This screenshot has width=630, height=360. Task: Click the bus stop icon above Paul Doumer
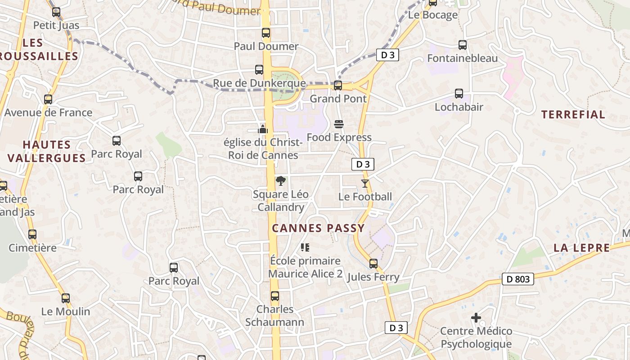click(265, 33)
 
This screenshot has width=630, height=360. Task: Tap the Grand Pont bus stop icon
click(338, 85)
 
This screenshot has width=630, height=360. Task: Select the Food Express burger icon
click(339, 124)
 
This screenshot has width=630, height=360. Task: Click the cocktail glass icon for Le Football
click(364, 184)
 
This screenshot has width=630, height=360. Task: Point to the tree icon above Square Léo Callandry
click(280, 181)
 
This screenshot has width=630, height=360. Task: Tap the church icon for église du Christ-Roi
click(263, 129)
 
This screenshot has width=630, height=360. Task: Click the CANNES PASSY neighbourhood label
click(318, 228)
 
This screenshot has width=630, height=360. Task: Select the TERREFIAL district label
click(573, 114)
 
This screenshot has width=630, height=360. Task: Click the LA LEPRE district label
click(581, 247)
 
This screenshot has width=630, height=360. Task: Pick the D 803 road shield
click(517, 279)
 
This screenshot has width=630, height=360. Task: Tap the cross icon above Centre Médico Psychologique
click(476, 318)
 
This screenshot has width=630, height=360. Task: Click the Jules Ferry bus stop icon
click(373, 263)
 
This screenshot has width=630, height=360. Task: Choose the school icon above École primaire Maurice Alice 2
click(305, 247)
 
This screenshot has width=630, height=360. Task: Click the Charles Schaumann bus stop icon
click(274, 296)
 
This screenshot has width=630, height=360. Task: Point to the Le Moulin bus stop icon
click(66, 298)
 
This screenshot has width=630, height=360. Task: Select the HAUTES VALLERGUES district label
click(47, 151)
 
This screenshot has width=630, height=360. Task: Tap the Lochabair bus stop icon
click(459, 94)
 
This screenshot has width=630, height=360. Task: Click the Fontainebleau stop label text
click(462, 58)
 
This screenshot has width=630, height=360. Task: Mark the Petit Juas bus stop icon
click(56, 12)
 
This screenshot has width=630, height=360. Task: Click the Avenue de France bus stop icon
click(48, 99)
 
